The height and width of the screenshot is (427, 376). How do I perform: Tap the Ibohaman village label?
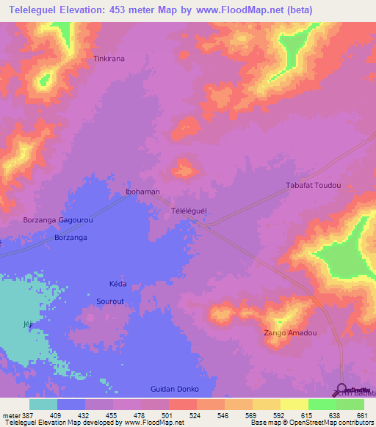[142, 191]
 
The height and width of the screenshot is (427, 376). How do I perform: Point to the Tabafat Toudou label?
[313, 186]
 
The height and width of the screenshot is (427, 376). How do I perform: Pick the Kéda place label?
[117, 284]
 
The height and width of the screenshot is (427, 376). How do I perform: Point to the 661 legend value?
[361, 415]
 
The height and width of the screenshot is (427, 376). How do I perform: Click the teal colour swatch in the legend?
[43, 404]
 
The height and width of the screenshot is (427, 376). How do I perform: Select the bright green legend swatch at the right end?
[350, 404]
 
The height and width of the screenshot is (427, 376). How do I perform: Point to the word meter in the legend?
[10, 415]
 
